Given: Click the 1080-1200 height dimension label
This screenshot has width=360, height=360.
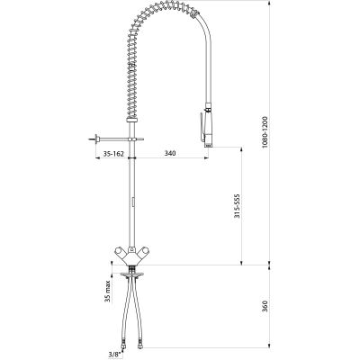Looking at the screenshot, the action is (x=265, y=132).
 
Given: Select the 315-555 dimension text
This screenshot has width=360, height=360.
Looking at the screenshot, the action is (x=238, y=206).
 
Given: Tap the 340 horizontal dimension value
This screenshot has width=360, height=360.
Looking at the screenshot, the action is (x=170, y=153).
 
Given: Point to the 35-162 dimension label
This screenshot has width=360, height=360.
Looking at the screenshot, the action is (x=113, y=154).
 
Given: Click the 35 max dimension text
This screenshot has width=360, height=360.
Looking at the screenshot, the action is (x=108, y=291).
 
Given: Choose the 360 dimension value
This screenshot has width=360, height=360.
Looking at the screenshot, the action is (x=265, y=306).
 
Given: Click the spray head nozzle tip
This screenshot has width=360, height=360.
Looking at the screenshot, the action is (x=209, y=145).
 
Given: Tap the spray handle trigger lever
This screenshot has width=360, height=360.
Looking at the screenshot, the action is (x=202, y=127).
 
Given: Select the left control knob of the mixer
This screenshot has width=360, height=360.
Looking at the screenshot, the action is (x=119, y=251).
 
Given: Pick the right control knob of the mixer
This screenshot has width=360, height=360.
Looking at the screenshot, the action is (x=144, y=251).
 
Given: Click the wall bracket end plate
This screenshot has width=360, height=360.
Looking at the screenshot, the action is (x=96, y=139).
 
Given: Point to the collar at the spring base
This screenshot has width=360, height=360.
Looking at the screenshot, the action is (x=132, y=120).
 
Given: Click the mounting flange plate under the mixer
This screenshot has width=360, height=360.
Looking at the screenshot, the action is (x=131, y=274).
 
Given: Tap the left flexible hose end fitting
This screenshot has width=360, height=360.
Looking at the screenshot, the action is (x=123, y=346).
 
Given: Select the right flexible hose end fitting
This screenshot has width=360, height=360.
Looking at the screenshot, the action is (x=139, y=346).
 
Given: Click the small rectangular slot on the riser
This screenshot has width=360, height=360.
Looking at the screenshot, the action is (x=132, y=202).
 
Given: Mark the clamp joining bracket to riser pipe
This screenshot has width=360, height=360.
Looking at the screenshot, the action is (x=132, y=139).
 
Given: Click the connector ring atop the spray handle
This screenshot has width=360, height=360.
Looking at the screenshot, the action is (x=209, y=105).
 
